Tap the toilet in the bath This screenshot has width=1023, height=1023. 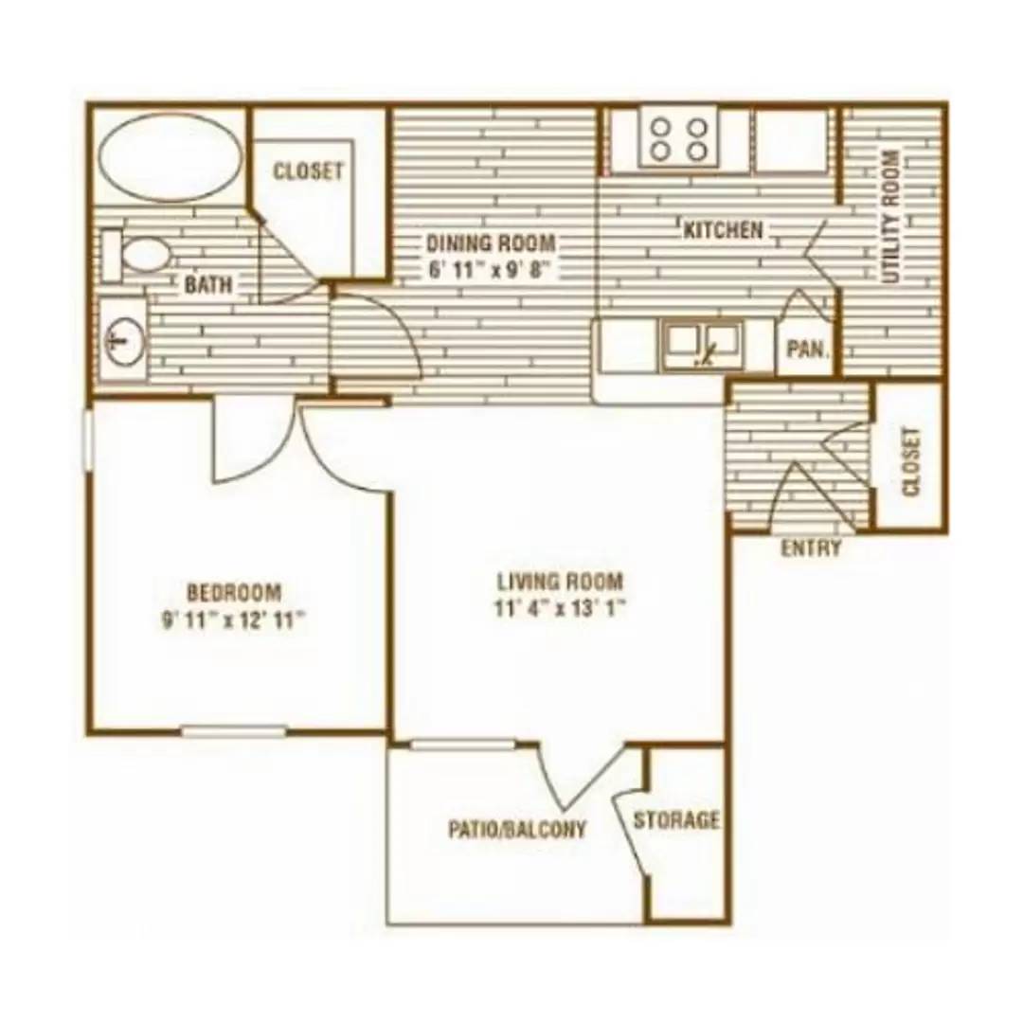(x=135, y=255)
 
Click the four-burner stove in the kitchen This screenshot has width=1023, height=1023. (x=679, y=138)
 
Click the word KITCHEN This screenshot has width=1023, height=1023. (x=723, y=229)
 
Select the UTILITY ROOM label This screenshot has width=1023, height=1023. (x=891, y=217)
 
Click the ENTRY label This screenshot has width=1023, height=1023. (x=811, y=548)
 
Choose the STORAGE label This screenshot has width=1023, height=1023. (x=676, y=819)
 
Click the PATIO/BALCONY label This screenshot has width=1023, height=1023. (x=517, y=829)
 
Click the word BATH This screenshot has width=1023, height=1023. (x=208, y=284)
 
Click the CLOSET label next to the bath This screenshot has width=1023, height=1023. (x=307, y=170)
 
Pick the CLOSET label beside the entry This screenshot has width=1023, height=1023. (x=911, y=461)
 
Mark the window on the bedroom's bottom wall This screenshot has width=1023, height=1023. (x=234, y=731)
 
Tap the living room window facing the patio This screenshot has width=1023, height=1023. (x=462, y=745)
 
